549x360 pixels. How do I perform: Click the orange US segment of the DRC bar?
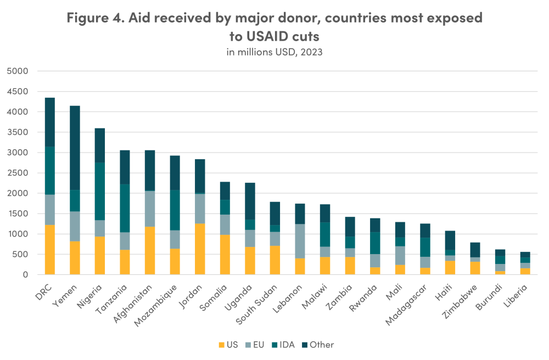pos(49,250)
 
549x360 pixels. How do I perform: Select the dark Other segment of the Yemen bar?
pos(75,148)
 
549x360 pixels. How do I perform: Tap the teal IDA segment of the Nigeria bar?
pos(100,191)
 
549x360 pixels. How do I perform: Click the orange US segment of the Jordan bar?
pos(200,249)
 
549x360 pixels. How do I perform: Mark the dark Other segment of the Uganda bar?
pos(250,201)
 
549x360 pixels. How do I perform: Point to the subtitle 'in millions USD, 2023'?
pos(274,52)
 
